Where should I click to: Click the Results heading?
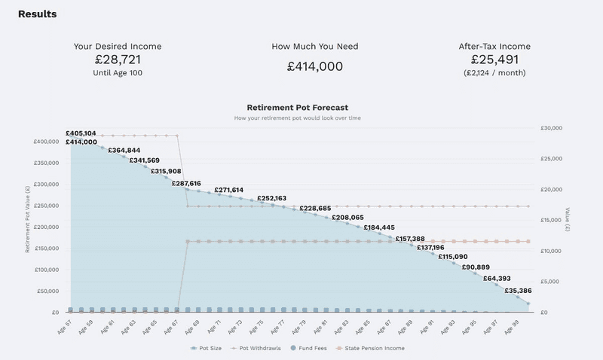[37, 14]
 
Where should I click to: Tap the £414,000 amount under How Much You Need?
[315, 66]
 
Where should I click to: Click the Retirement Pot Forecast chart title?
[298, 108]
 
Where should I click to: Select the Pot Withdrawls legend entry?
[258, 348]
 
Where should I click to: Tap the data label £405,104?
[81, 133]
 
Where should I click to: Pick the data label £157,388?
[410, 238]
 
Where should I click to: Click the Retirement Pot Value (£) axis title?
[28, 219]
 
